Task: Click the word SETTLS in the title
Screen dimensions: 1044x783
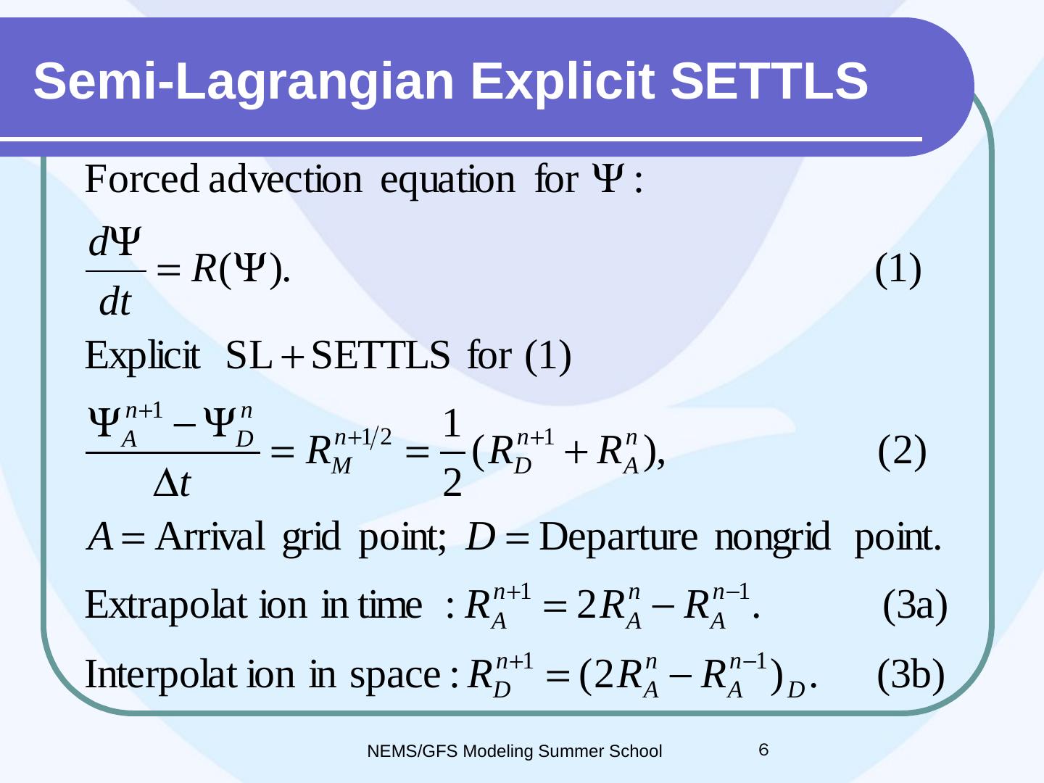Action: click(769, 81)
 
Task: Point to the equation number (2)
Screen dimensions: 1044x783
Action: click(902, 452)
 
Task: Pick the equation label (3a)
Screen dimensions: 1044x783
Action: click(915, 605)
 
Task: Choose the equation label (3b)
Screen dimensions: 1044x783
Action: click(911, 674)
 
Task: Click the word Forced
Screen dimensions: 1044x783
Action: click(141, 179)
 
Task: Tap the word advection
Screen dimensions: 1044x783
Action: click(286, 179)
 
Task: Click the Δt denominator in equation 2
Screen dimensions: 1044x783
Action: click(172, 483)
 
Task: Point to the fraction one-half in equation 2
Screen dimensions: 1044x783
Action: click(452, 452)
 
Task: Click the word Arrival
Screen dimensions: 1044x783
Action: click(210, 536)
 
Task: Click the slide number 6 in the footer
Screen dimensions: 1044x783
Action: click(763, 750)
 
